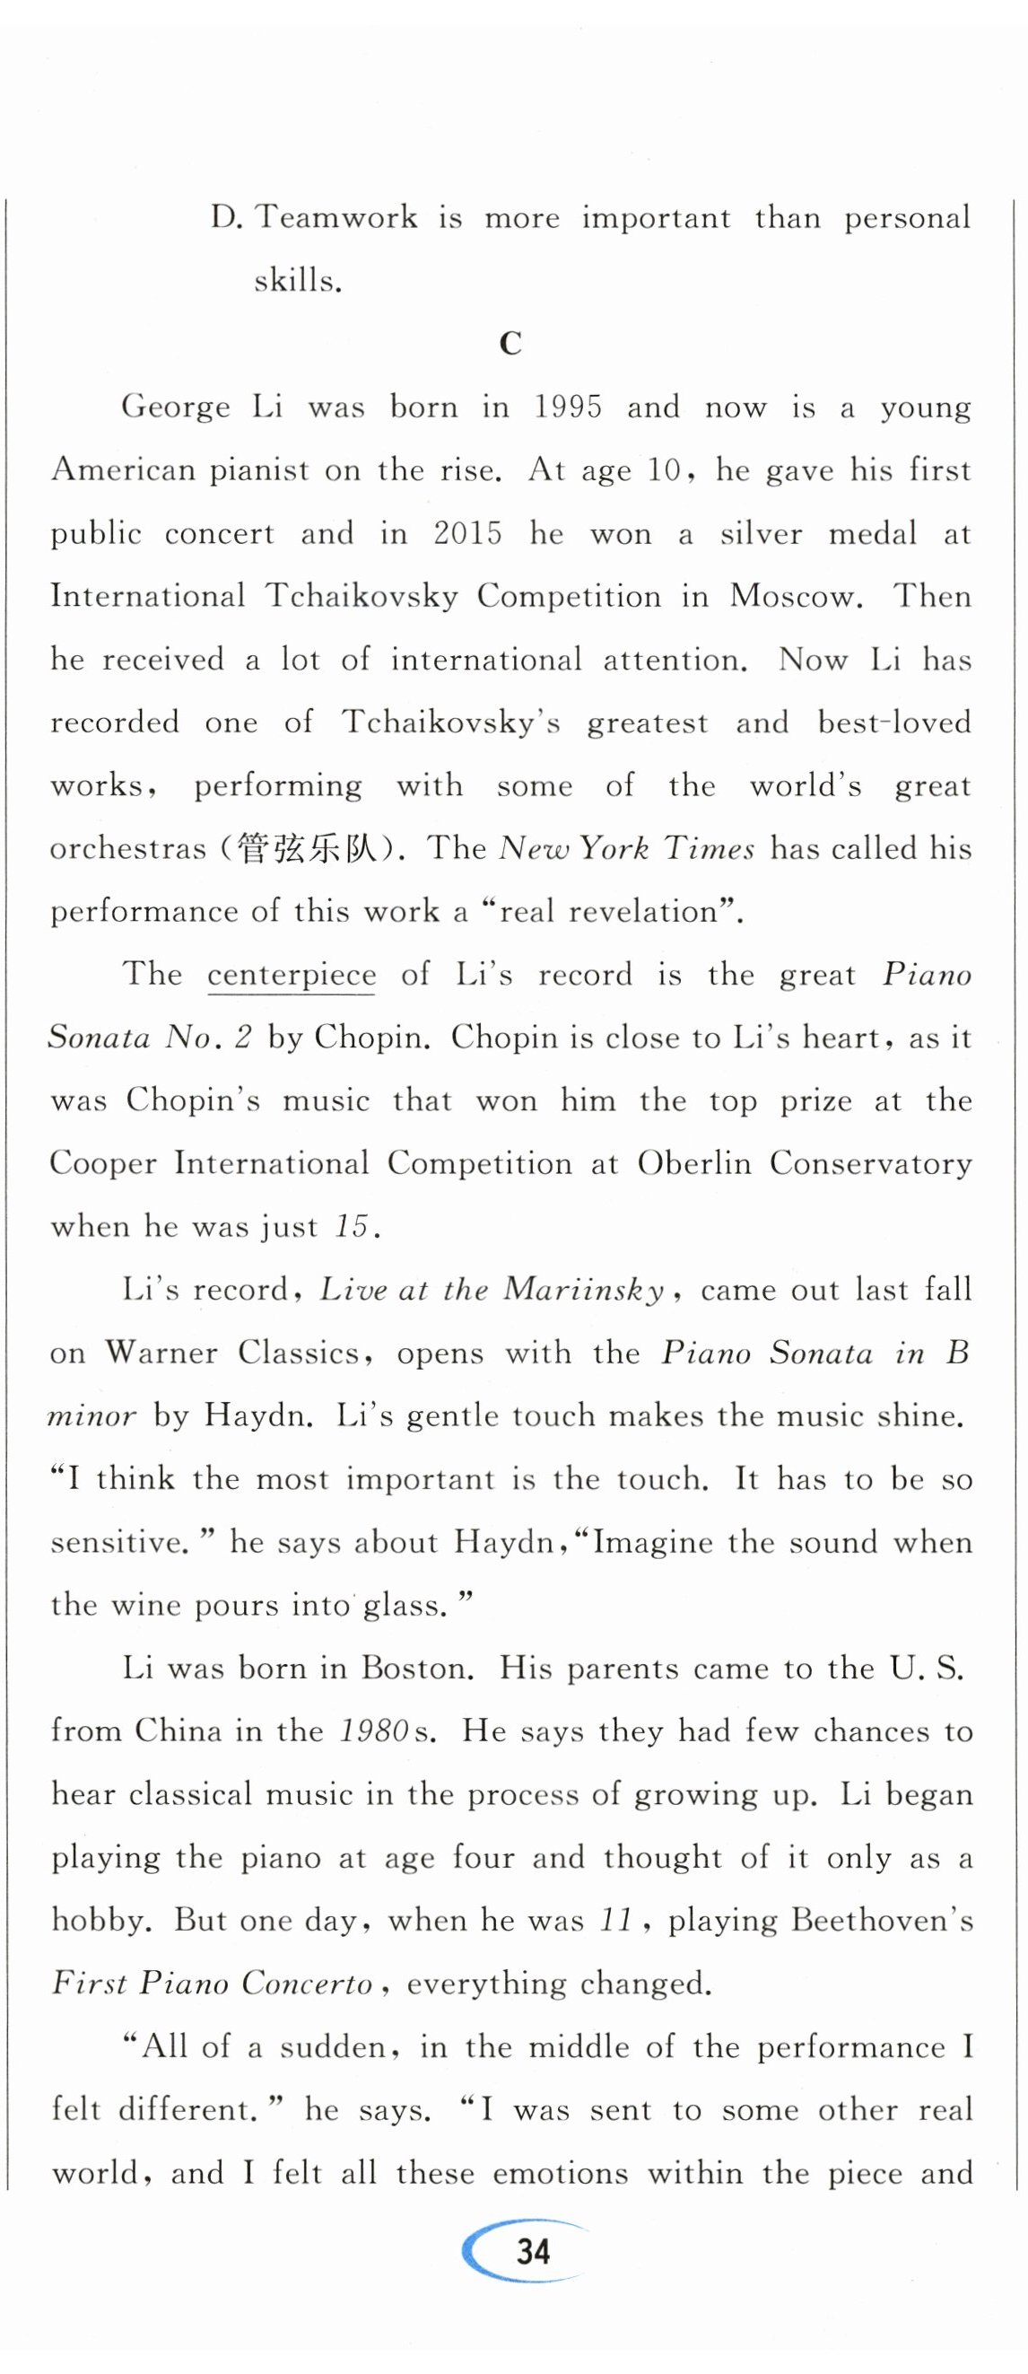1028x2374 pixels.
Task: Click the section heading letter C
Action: click(x=510, y=344)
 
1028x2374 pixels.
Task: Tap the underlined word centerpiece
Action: click(x=291, y=975)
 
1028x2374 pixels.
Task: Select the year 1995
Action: click(x=569, y=407)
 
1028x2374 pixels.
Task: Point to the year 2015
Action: click(x=468, y=534)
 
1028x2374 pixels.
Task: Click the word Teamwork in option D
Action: click(x=335, y=217)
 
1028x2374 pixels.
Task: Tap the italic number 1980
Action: click(x=374, y=1730)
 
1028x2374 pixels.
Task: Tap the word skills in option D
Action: click(x=297, y=280)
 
